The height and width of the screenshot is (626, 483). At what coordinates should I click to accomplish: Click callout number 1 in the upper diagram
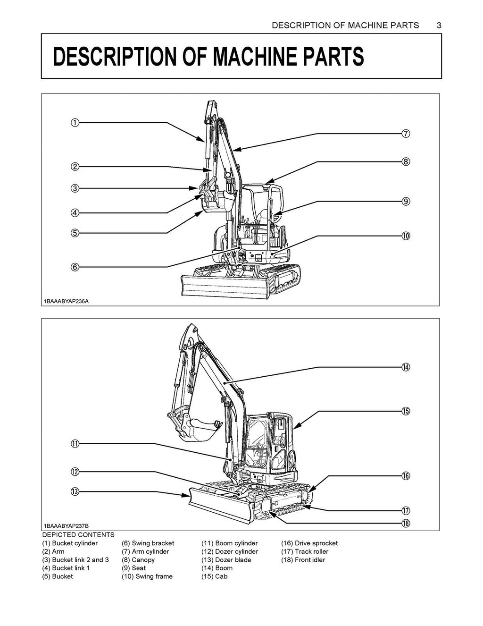tap(75, 123)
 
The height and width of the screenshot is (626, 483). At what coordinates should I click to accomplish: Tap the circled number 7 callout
tap(406, 134)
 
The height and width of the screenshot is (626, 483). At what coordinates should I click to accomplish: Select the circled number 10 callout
tap(406, 236)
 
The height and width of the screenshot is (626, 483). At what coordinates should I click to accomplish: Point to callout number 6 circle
tap(75, 267)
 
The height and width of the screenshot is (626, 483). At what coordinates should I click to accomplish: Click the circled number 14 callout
tap(406, 367)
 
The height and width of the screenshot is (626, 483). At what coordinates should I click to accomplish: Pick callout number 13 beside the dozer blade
tap(75, 492)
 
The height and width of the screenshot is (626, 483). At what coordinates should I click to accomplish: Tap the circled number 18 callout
tap(406, 523)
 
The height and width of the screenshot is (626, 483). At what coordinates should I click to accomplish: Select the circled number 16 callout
tap(406, 476)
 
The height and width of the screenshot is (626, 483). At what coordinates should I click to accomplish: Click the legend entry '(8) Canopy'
tap(138, 560)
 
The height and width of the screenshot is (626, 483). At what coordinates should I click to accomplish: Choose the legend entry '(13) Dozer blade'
tap(226, 560)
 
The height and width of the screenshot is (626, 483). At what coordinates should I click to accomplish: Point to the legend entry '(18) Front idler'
tap(303, 560)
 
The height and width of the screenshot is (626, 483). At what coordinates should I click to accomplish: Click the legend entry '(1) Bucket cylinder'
tap(70, 543)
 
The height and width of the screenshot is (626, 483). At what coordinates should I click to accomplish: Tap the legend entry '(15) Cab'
tap(215, 576)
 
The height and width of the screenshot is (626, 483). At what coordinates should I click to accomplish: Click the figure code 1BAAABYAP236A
tap(67, 301)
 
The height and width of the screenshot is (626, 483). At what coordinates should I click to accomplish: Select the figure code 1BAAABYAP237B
tap(67, 526)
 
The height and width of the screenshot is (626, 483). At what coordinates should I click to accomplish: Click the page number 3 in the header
tap(439, 25)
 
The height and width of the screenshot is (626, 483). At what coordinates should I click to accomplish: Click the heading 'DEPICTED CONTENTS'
tap(78, 535)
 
